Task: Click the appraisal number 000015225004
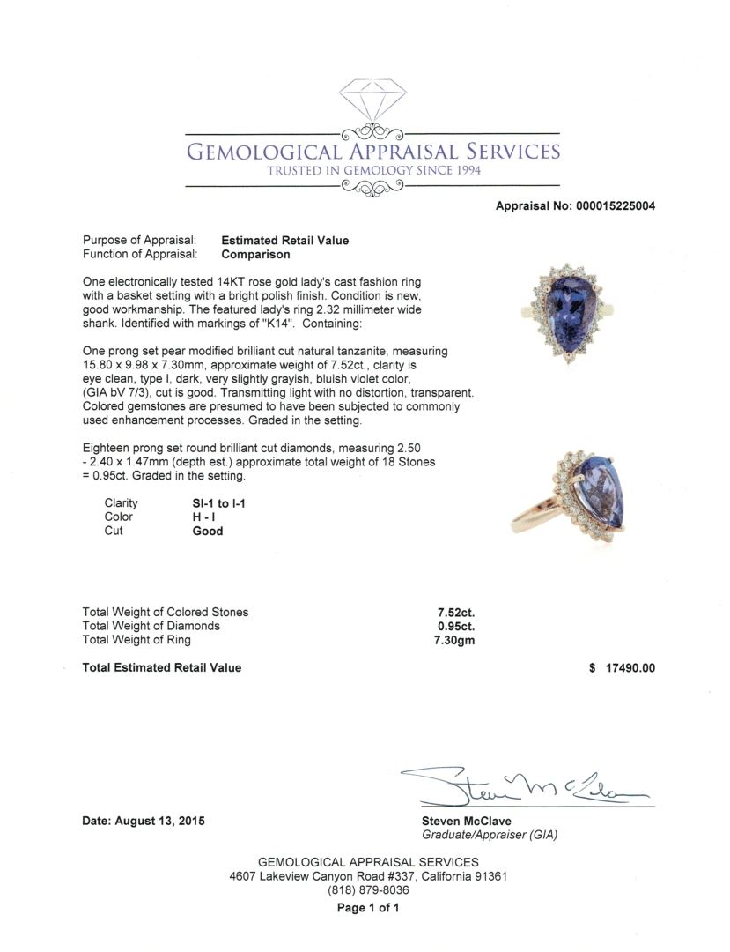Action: click(x=616, y=206)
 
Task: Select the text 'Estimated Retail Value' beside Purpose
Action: click(x=285, y=241)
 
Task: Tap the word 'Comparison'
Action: click(x=255, y=255)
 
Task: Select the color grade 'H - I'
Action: click(x=205, y=517)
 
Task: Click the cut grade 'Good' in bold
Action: click(x=208, y=532)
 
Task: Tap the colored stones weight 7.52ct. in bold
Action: click(x=457, y=612)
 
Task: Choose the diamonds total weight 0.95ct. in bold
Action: click(x=457, y=626)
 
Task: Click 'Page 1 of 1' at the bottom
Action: click(x=368, y=908)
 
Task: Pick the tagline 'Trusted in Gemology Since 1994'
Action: click(x=374, y=170)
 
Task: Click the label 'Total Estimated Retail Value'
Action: click(x=161, y=668)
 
